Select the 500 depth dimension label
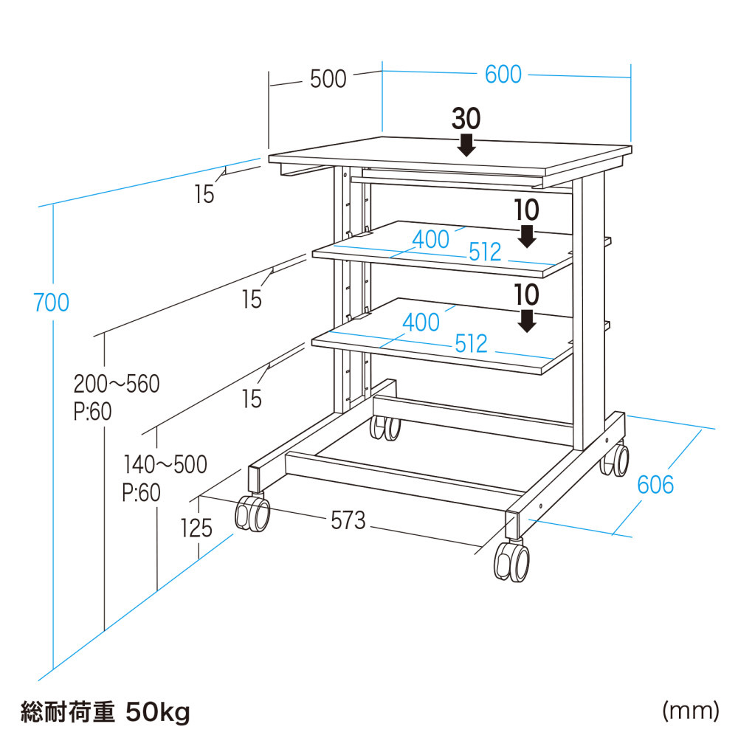[x=328, y=79]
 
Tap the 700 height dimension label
[x=51, y=302]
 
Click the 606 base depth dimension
[x=655, y=485]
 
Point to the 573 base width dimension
[x=348, y=520]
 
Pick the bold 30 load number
[x=466, y=118]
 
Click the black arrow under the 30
[x=466, y=143]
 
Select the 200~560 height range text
[x=117, y=384]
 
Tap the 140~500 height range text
[x=165, y=464]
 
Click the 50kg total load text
[x=158, y=712]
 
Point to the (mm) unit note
[x=690, y=711]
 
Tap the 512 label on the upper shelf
[x=485, y=252]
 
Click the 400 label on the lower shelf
[x=421, y=322]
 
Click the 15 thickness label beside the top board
[x=204, y=194]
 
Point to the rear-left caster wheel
[x=385, y=428]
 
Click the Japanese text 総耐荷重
[x=69, y=712]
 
